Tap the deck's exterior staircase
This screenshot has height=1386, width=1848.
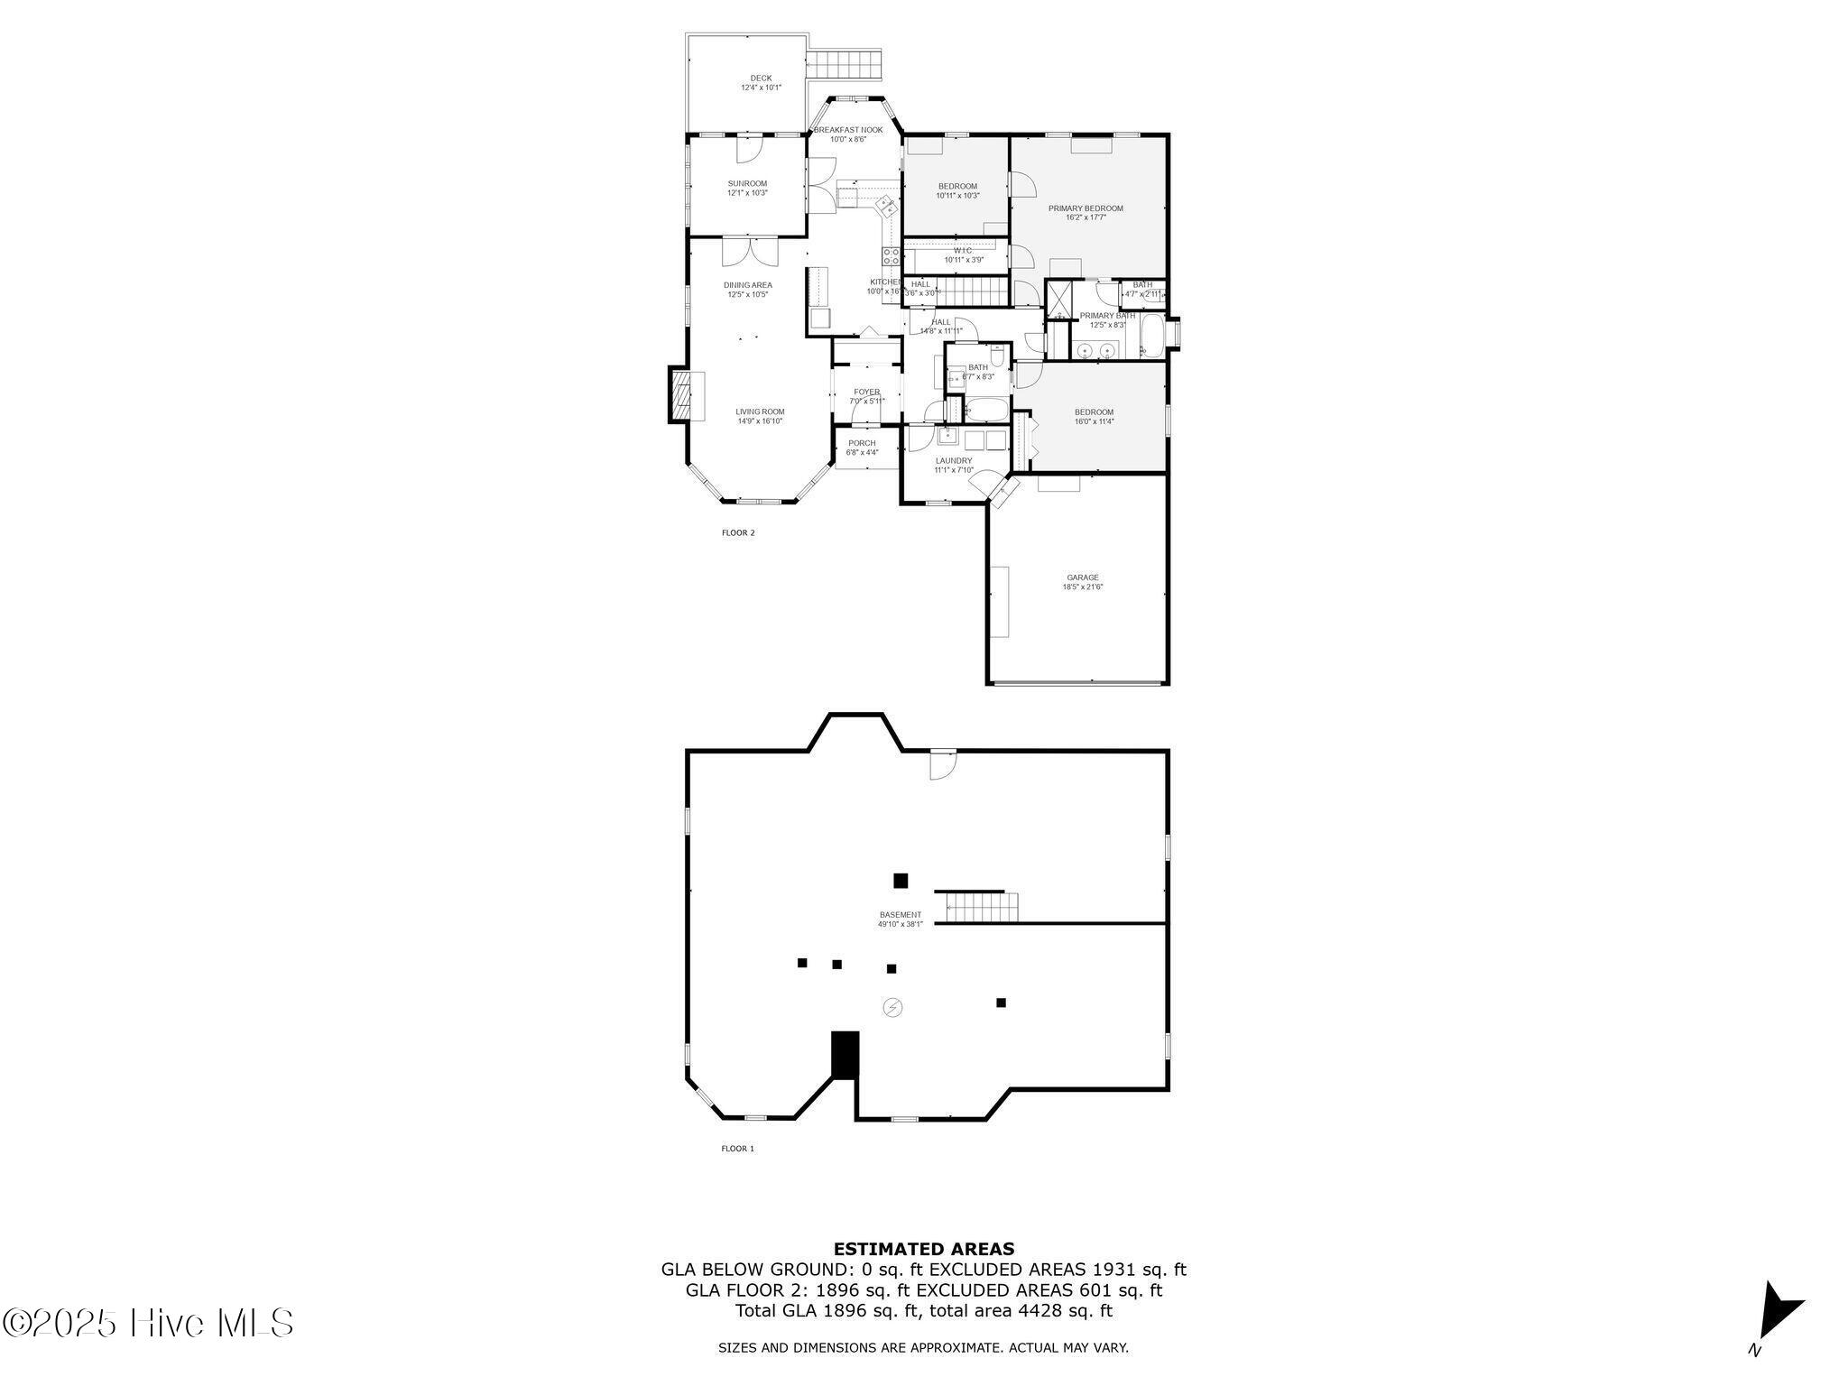click(842, 65)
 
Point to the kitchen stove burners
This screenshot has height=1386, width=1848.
click(890, 256)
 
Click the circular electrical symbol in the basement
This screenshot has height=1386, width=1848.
click(892, 1007)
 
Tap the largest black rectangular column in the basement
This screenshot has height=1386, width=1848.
click(845, 1054)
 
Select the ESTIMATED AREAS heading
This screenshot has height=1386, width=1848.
click(923, 1250)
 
